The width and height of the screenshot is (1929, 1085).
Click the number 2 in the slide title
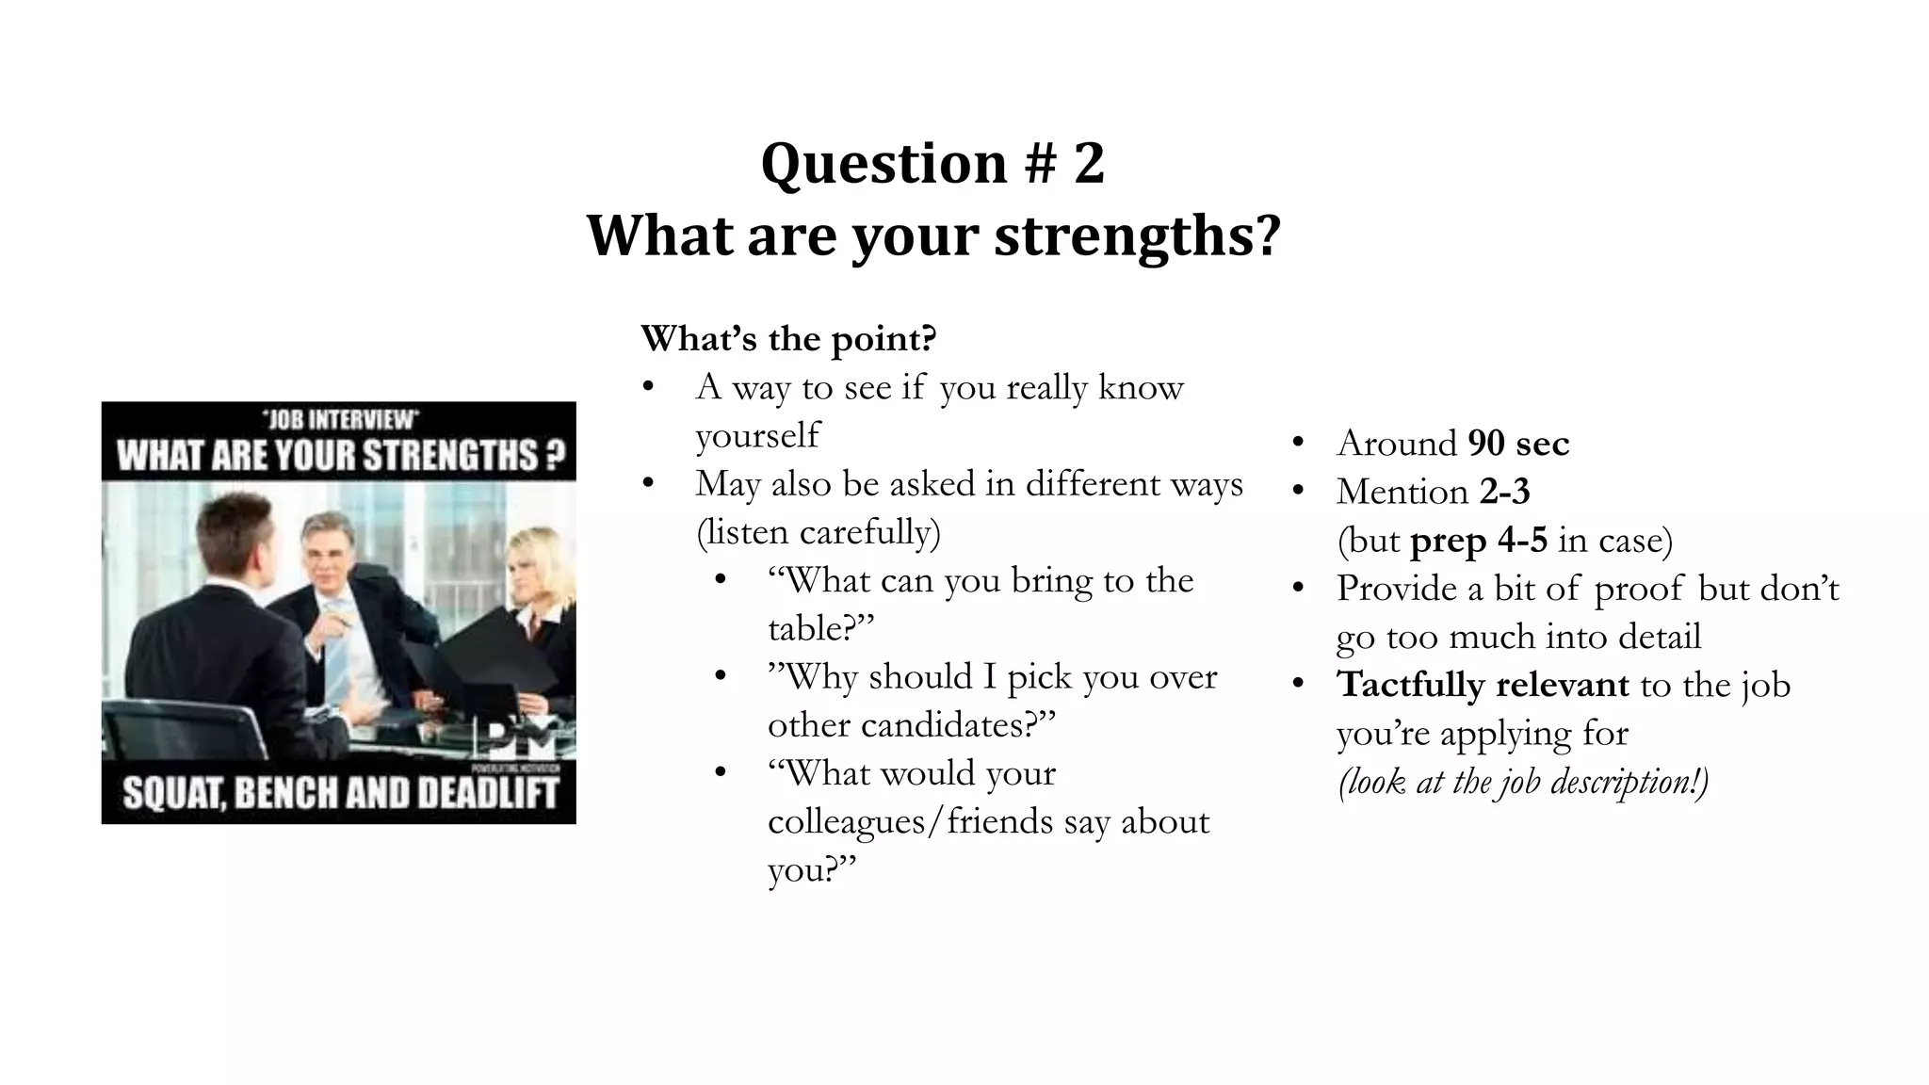point(1088,163)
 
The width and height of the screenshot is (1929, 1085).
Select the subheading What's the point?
point(788,338)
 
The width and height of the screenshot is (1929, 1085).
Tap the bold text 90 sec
point(1518,444)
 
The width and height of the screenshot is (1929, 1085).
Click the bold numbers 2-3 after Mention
point(1505,492)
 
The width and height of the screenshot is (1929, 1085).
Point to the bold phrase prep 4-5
point(1478,541)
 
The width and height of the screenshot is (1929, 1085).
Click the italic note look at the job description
point(1523,782)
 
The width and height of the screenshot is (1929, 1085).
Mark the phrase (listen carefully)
point(818,532)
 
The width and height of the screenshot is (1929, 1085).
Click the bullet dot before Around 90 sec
point(1298,444)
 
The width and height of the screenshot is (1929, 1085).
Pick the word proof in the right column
point(1638,589)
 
